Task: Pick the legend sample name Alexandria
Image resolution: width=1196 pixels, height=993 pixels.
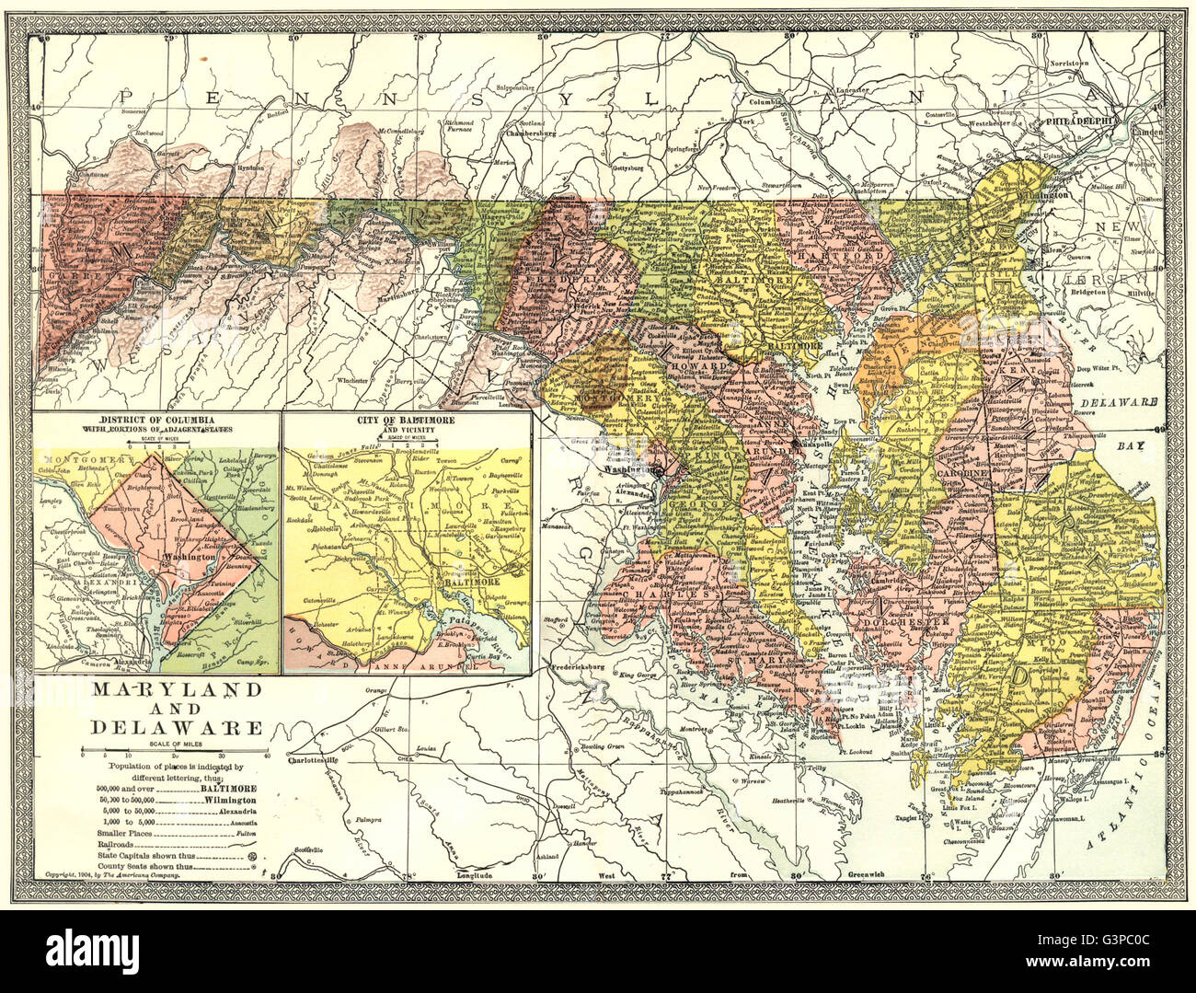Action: pyautogui.click(x=231, y=812)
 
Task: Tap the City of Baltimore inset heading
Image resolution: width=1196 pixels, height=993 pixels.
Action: pyautogui.click(x=408, y=421)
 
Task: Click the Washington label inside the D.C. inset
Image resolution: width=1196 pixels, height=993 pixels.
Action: pyautogui.click(x=188, y=558)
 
